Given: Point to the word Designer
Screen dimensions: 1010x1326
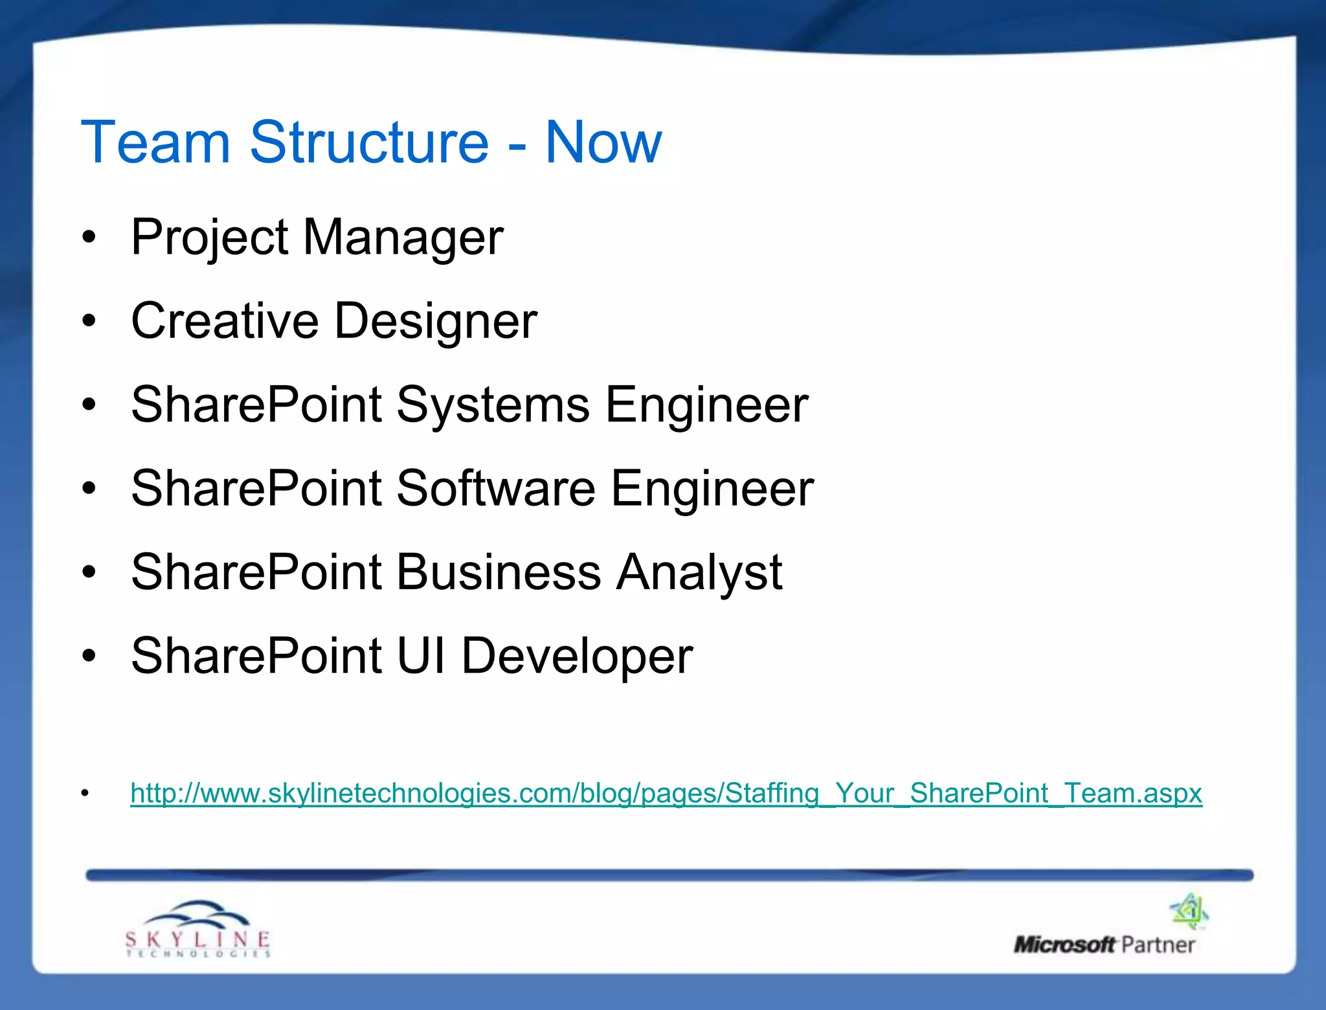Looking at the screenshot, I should [436, 322].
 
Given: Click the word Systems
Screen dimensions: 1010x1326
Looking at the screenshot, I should [493, 405].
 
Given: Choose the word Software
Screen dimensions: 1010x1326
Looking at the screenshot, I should [495, 488].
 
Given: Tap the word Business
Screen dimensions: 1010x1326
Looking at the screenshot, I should [499, 572].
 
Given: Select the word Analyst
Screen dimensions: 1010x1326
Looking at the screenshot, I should [699, 573].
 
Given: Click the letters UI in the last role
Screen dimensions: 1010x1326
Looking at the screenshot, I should [421, 656].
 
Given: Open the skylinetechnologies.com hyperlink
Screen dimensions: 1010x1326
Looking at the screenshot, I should [666, 793].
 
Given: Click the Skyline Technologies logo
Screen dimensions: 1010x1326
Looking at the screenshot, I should [197, 929].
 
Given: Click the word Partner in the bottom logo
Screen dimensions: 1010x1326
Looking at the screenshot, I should [1158, 945].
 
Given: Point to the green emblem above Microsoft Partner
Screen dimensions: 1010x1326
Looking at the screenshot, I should [1190, 911].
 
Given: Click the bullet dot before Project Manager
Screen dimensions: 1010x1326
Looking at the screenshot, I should [89, 238].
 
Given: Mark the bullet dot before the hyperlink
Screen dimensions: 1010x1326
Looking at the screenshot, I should [85, 793].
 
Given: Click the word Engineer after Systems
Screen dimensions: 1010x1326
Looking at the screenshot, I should [706, 405].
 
